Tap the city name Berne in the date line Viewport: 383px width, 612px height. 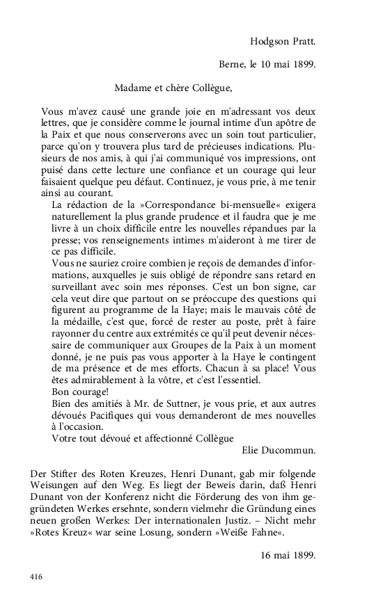(x=231, y=66)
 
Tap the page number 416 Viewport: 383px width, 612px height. (x=38, y=577)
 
